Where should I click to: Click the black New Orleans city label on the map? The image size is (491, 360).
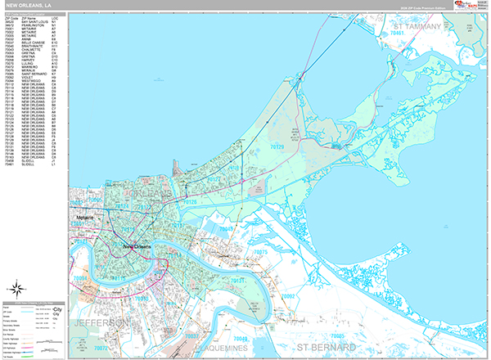coord(139,246)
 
